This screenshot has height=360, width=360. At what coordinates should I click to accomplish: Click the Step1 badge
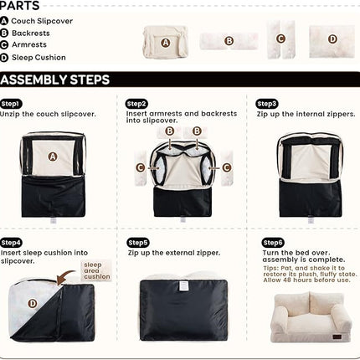(11, 104)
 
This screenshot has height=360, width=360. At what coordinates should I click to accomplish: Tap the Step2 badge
(136, 104)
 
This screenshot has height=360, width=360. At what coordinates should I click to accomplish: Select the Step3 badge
(266, 104)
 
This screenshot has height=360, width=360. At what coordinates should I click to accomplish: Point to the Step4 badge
(11, 243)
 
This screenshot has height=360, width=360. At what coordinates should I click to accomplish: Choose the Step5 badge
(138, 243)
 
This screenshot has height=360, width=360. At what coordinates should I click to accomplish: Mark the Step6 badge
(273, 243)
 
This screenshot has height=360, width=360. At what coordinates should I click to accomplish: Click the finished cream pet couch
(311, 317)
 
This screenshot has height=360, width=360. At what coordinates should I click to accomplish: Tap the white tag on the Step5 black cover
(183, 285)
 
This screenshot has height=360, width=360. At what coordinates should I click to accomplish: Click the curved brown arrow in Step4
(65, 277)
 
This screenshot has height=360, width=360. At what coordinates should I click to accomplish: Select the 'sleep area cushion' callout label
(96, 270)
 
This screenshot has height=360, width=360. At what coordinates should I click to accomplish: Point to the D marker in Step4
(33, 303)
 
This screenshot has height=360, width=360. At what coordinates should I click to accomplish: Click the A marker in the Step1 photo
(53, 157)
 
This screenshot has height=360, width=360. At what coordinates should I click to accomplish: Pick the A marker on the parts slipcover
(166, 43)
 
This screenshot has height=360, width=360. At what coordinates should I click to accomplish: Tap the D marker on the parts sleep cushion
(332, 39)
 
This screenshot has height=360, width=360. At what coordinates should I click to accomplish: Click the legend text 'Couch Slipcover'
(42, 21)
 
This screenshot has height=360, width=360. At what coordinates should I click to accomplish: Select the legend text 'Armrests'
(29, 44)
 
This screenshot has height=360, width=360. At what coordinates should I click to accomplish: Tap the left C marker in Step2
(141, 167)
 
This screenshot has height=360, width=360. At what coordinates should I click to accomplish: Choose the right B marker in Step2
(197, 131)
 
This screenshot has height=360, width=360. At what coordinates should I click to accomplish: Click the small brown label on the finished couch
(337, 337)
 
